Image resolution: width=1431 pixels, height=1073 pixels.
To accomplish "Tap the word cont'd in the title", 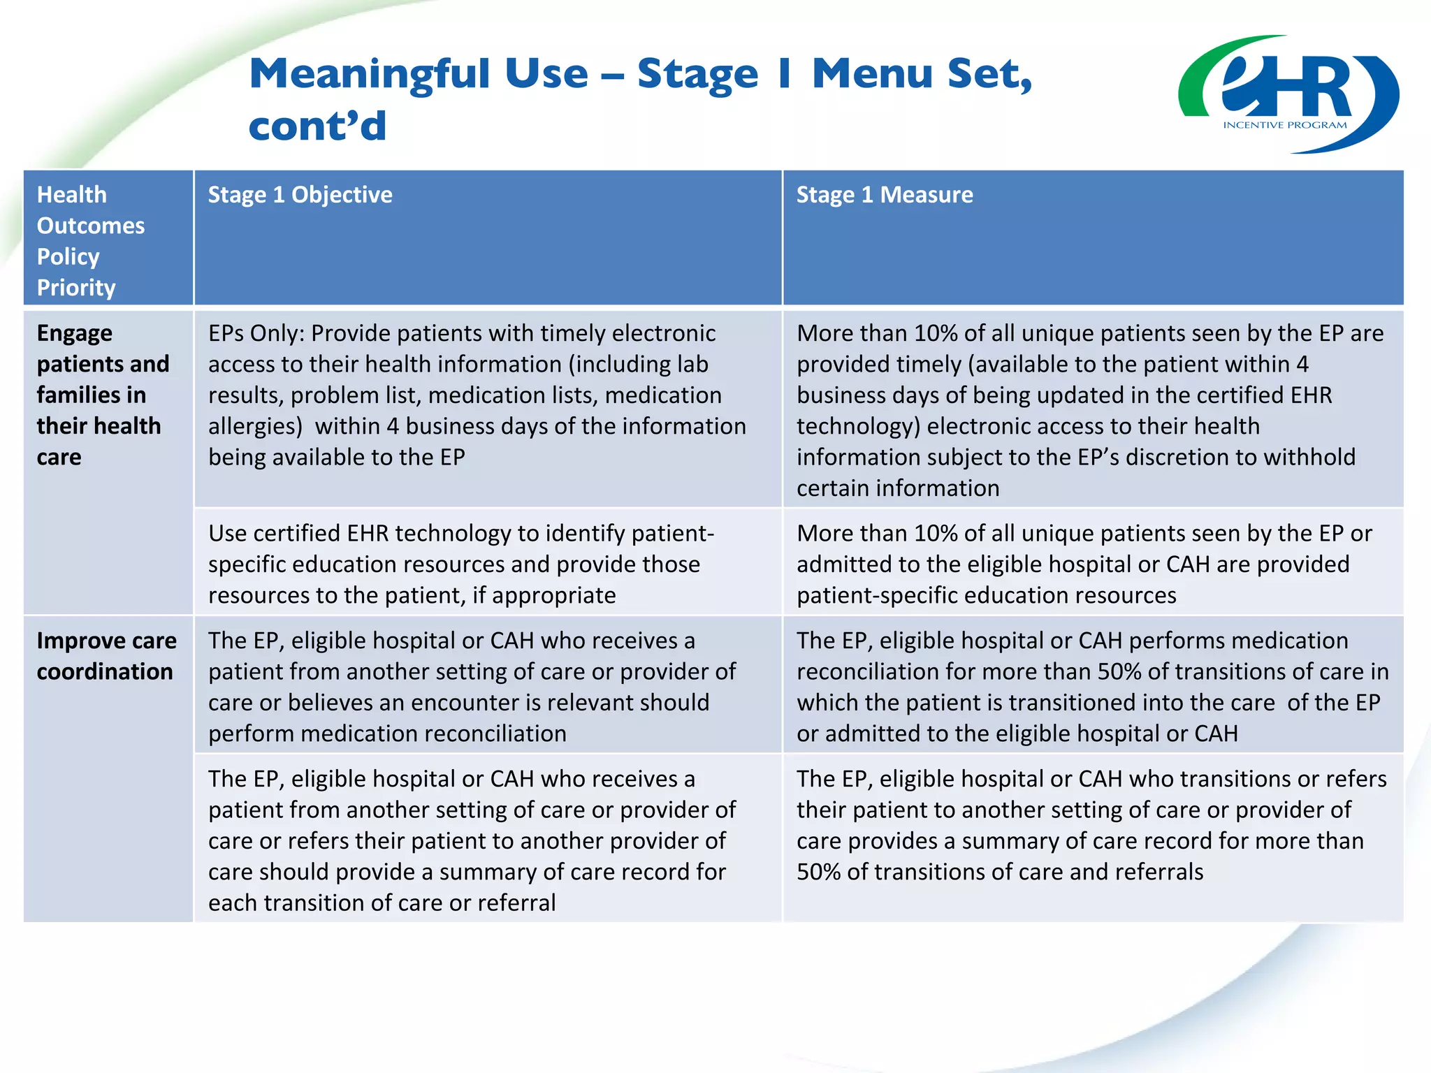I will pyautogui.click(x=317, y=126).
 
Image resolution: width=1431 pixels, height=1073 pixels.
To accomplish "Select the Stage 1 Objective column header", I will pyautogui.click(x=300, y=194).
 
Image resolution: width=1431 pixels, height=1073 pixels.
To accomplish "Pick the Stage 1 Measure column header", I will pyautogui.click(x=884, y=194).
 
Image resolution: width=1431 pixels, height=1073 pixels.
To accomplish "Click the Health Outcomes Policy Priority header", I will pyautogui.click(x=91, y=240).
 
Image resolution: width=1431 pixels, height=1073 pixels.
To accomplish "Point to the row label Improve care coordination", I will pyautogui.click(x=106, y=656).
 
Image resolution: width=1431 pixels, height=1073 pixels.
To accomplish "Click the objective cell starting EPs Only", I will pyautogui.click(x=477, y=395).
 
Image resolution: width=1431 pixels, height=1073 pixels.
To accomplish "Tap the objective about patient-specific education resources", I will pyautogui.click(x=461, y=564).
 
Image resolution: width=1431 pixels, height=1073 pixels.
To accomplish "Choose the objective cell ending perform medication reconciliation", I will pyautogui.click(x=472, y=687).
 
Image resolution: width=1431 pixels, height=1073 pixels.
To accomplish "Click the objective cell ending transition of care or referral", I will pyautogui.click(x=472, y=840).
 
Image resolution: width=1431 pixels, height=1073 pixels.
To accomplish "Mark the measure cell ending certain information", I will pyautogui.click(x=1090, y=410).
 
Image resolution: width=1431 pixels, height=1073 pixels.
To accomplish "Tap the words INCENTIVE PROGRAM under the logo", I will pyautogui.click(x=1284, y=125).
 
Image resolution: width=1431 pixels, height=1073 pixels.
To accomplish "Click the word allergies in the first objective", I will pyautogui.click(x=254, y=426).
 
